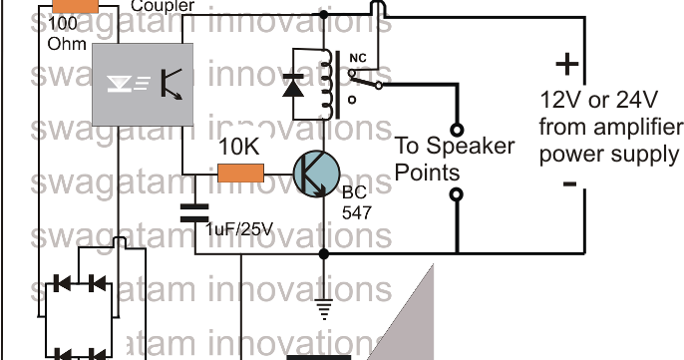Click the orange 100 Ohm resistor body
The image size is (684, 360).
[70, 8]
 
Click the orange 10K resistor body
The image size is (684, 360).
[240, 173]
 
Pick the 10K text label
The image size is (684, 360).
[239, 146]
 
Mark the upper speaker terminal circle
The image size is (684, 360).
[458, 129]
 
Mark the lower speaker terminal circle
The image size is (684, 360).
[458, 194]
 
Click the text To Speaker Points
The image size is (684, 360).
[456, 159]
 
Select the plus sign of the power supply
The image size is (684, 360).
[566, 65]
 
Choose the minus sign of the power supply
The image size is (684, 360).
[567, 184]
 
